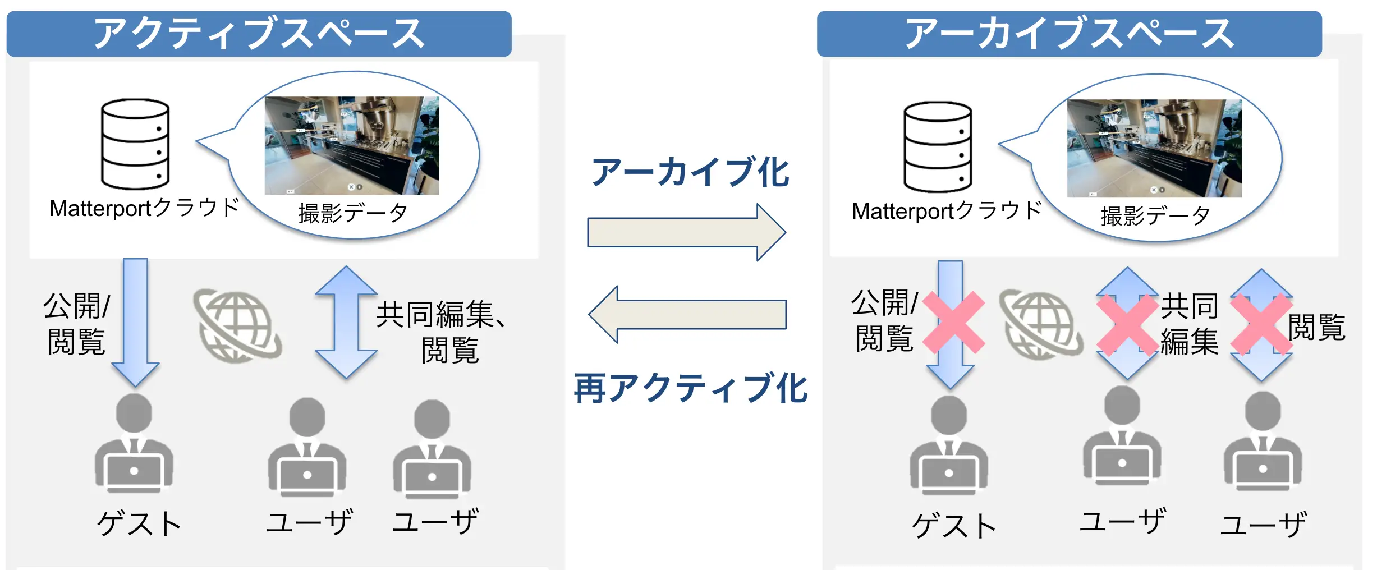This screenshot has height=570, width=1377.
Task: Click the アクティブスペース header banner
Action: pyautogui.click(x=259, y=34)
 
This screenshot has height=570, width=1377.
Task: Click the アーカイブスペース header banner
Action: pyautogui.click(x=1069, y=34)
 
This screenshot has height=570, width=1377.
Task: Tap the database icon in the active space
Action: pyautogui.click(x=135, y=144)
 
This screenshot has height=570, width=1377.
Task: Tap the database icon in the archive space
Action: pyautogui.click(x=937, y=147)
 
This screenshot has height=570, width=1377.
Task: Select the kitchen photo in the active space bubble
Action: pyautogui.click(x=352, y=145)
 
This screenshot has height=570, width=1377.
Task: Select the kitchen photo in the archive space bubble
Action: pyautogui.click(x=1154, y=148)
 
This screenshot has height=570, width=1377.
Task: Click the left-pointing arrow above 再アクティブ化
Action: pyautogui.click(x=687, y=314)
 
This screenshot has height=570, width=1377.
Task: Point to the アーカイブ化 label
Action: pyautogui.click(x=690, y=172)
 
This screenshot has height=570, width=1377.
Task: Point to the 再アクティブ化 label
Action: pyautogui.click(x=690, y=388)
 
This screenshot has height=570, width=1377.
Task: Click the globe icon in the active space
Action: pyautogui.click(x=237, y=325)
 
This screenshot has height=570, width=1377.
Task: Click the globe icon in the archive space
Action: pyautogui.click(x=1041, y=324)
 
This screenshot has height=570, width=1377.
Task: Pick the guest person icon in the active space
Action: pyautogui.click(x=134, y=443)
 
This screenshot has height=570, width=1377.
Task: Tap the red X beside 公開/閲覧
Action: pyautogui.click(x=953, y=322)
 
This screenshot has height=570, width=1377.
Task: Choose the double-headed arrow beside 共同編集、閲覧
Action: pyautogui.click(x=346, y=322)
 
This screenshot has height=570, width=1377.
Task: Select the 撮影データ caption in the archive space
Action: pyautogui.click(x=1155, y=215)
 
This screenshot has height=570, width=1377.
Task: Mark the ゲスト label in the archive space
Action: pyautogui.click(x=954, y=526)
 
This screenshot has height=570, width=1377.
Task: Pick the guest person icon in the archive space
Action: pyautogui.click(x=949, y=445)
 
